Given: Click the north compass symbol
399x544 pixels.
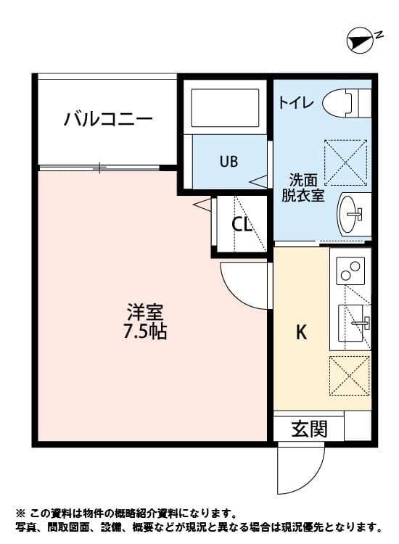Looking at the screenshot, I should pos(361,41).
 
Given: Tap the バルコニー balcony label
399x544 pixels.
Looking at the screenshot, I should pos(107,118).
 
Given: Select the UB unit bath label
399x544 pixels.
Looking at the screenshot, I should pos(229,161).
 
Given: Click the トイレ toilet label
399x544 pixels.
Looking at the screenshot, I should pos(297,103).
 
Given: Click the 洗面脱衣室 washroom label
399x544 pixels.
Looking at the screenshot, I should pos(303,186).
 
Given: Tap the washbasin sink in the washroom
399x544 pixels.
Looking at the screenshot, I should pos(352,213).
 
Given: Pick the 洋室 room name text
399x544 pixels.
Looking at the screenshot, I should pos(145,313).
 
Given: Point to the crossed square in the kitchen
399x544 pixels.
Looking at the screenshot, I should pos(350,375).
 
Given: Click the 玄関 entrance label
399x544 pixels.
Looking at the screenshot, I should pos(309,429).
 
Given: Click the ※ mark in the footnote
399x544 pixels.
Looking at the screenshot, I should pos(20,512).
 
